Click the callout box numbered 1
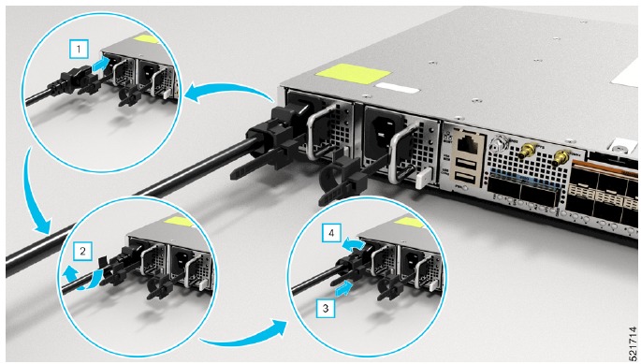79,50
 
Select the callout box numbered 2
82,251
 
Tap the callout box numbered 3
326,308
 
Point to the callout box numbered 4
331,233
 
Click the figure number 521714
634,342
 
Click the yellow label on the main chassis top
354,75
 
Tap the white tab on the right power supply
422,179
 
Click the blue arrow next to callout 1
101,65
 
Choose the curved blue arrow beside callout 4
353,244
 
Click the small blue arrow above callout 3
343,288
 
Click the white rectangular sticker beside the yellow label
396,88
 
